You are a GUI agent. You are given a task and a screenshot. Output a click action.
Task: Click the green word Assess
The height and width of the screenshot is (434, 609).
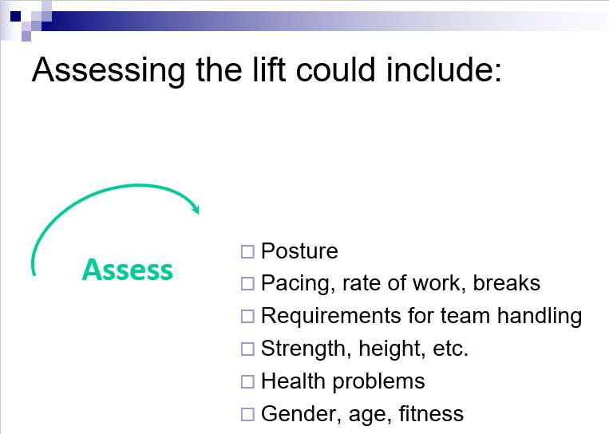tap(128, 270)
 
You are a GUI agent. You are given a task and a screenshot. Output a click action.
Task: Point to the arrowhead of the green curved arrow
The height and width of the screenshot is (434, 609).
tap(196, 209)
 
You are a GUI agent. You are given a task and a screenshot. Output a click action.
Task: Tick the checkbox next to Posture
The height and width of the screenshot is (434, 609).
tap(247, 251)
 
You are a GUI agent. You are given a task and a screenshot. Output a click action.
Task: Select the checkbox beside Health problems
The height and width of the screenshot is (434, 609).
tap(247, 381)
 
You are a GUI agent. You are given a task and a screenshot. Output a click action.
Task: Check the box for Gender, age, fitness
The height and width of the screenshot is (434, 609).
tap(247, 414)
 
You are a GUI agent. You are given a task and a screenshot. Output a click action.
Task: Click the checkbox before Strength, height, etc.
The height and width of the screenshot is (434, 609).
tap(247, 349)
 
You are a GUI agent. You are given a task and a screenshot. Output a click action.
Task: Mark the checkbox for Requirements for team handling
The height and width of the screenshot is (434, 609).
tap(247, 317)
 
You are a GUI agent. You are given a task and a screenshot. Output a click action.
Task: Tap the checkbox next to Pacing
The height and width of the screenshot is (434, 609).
tap(247, 284)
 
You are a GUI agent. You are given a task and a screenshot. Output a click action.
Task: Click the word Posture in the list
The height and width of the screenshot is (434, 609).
tap(299, 251)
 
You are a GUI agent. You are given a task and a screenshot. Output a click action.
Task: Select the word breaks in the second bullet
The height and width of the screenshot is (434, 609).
tap(507, 282)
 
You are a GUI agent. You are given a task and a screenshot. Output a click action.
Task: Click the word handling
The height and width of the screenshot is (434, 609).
tap(540, 316)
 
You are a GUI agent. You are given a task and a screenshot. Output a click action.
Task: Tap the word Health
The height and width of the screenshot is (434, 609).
tap(293, 381)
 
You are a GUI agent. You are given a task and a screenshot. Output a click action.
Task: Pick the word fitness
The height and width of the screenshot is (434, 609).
tap(431, 413)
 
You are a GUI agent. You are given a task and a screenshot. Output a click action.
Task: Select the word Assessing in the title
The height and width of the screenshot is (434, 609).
tap(109, 71)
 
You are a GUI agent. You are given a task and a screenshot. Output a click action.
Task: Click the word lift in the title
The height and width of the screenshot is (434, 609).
tap(269, 69)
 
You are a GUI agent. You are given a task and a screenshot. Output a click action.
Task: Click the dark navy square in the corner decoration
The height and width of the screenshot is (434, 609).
tap(15, 16)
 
